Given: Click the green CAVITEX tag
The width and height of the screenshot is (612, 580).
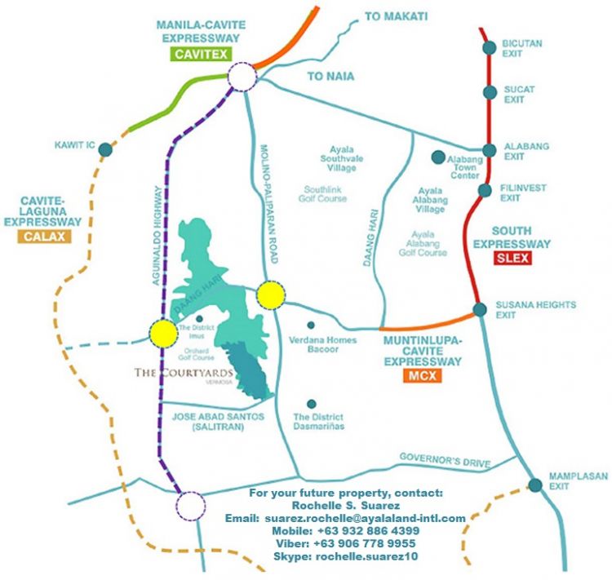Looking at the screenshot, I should click(201, 55).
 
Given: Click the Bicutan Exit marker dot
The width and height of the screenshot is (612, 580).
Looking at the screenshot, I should click(489, 48).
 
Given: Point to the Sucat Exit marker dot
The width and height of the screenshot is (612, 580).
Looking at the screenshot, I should click(490, 93).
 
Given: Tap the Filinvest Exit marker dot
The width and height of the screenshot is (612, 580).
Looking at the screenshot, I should click(485, 191).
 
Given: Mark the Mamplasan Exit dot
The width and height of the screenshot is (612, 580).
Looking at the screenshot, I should click(535, 485).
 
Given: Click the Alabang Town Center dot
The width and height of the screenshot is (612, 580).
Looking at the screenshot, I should click(439, 157).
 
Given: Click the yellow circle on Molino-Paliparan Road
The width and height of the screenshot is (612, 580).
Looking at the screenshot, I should click(270, 295).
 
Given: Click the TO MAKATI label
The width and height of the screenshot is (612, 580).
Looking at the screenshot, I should click(396, 16).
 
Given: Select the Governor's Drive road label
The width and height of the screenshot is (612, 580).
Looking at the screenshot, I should click(445, 461).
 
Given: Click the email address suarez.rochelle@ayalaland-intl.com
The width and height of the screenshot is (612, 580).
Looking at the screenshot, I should click(346, 518).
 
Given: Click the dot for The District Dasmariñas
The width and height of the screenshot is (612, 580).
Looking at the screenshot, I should click(311, 404).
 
